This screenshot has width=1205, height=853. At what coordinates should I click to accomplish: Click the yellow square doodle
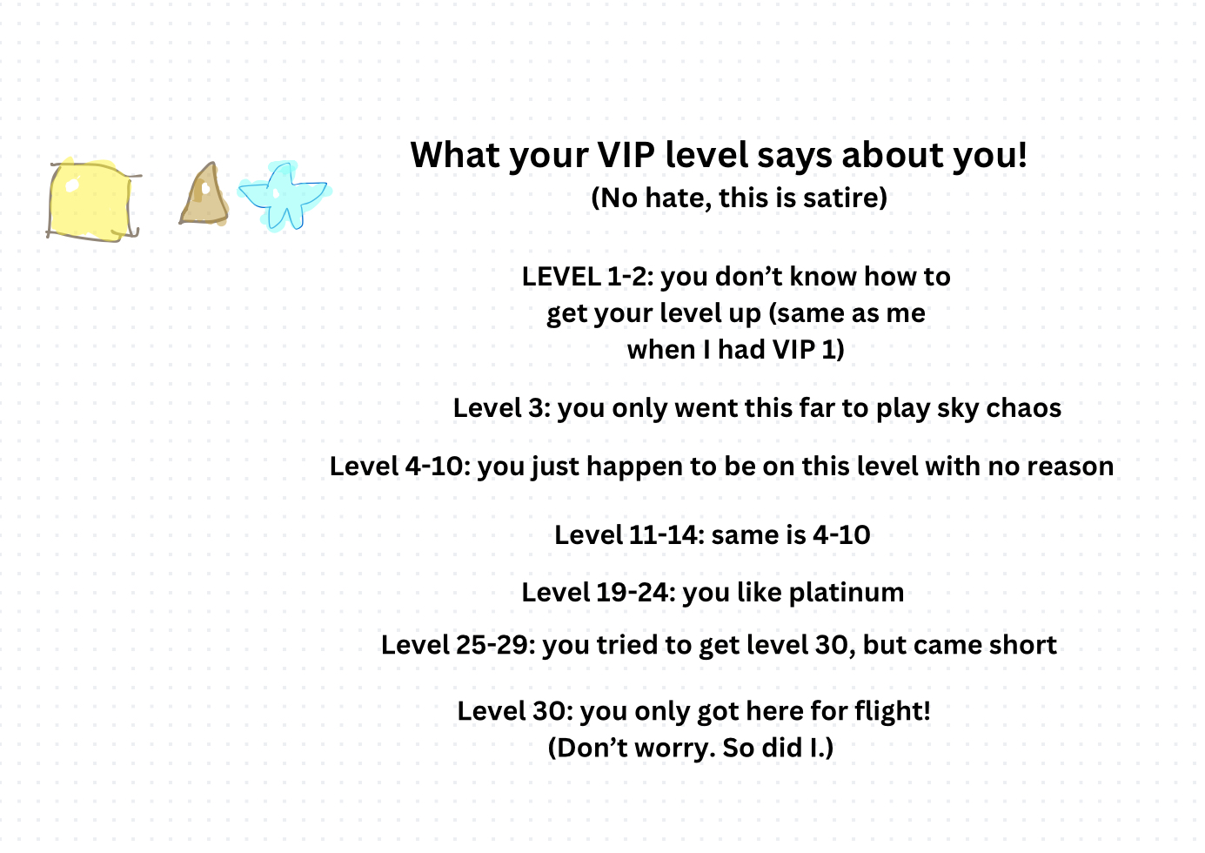tap(92, 200)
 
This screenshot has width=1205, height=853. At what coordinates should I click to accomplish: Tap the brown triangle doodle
tap(204, 195)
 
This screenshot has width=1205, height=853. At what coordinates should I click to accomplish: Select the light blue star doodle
tap(284, 196)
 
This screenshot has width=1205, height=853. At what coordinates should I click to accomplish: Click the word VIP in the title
tap(626, 155)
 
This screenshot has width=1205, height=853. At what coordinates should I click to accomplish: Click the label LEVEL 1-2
tap(587, 277)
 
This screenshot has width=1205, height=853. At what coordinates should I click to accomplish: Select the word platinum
tap(847, 594)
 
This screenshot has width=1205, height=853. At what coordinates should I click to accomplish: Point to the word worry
tap(675, 749)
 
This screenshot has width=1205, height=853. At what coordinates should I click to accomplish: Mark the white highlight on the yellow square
tap(71, 185)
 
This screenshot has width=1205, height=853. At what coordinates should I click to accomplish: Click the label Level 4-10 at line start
tap(400, 466)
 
